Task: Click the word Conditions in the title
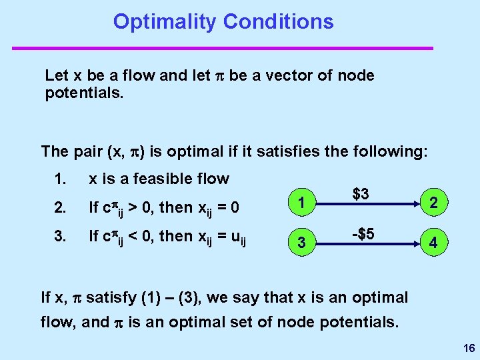(x=278, y=21)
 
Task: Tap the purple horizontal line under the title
(x=223, y=48)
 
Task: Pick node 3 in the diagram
(x=302, y=243)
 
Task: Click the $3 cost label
(x=361, y=195)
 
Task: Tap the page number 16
(x=467, y=348)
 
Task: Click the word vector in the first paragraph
(x=287, y=75)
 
